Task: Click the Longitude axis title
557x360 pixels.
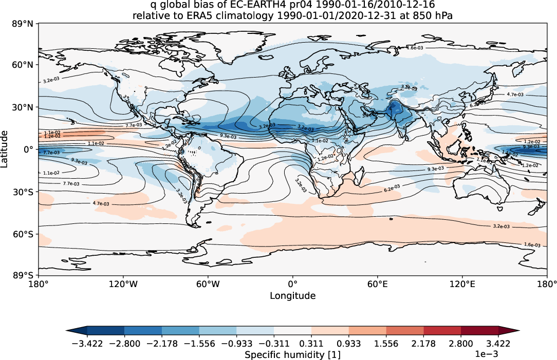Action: click(292, 296)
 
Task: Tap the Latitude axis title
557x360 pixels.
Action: click(5, 149)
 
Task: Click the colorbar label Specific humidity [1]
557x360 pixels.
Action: click(292, 355)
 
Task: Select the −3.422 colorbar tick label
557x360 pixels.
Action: click(87, 344)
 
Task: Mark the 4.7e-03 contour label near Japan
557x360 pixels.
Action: click(515, 94)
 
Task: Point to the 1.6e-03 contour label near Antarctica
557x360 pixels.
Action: click(531, 245)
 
